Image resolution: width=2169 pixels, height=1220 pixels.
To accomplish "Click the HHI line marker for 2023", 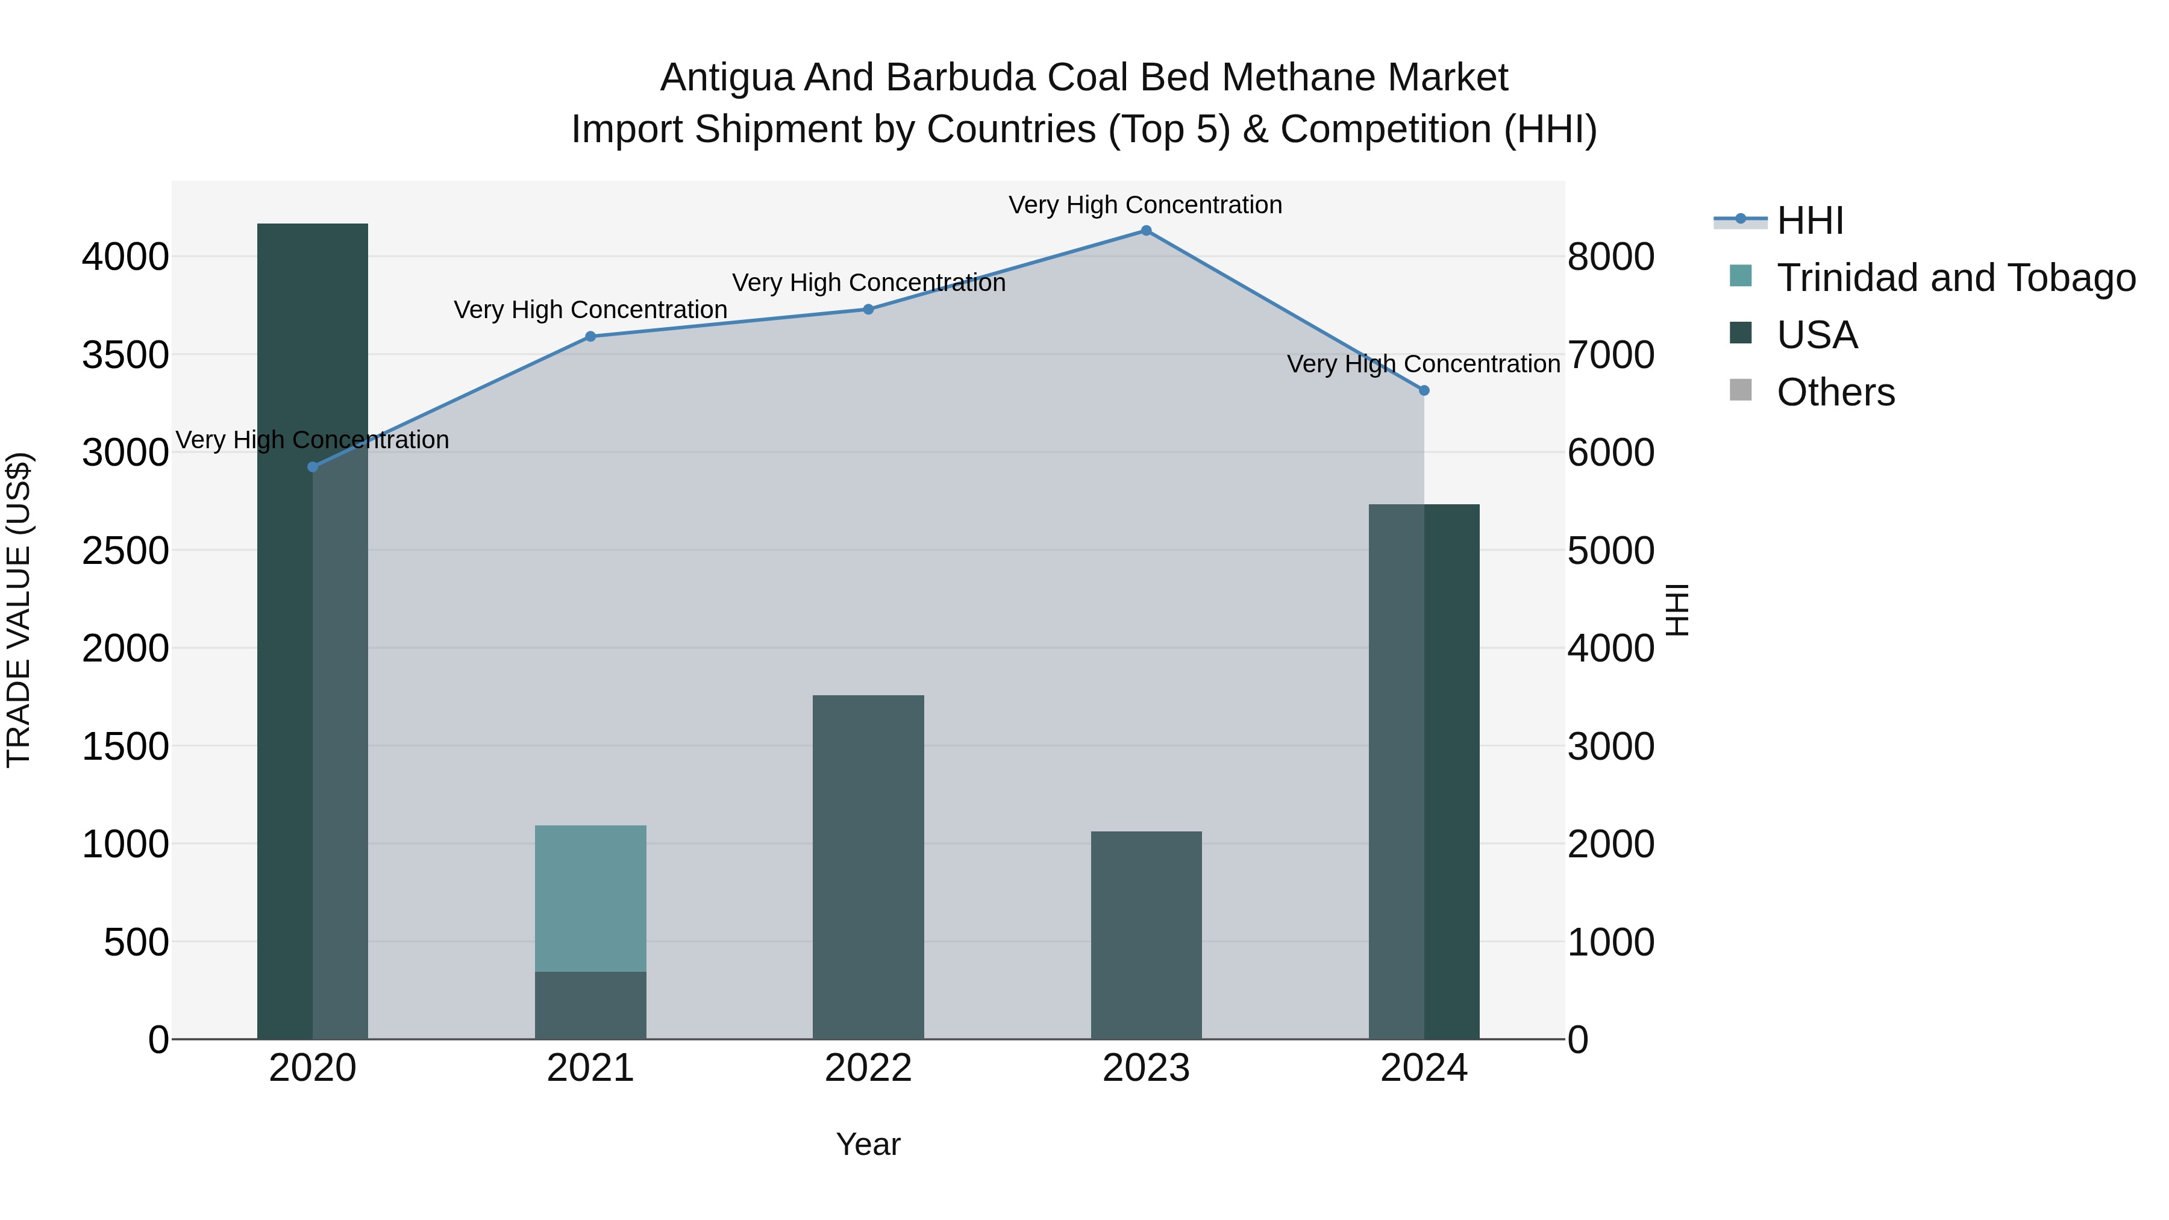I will tap(1146, 231).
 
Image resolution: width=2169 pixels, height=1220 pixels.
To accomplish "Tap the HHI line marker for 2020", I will tap(312, 468).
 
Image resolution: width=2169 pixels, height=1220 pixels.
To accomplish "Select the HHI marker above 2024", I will tap(1424, 390).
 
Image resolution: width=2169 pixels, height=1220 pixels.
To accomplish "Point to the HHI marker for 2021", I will tap(590, 337).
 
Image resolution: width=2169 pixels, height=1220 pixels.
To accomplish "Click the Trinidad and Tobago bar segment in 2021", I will tap(590, 898).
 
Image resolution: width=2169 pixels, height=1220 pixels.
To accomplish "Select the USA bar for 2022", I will tap(868, 867).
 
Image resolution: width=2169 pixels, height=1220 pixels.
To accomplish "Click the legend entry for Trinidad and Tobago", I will tap(1955, 278).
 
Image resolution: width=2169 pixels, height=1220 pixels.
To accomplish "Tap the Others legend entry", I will tap(1836, 392).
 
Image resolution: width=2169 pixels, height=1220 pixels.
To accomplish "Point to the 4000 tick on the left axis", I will tap(125, 257).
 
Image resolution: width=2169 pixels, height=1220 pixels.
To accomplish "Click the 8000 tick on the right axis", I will tap(1610, 257).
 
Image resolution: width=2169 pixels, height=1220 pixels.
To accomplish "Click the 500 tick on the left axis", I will tap(136, 942).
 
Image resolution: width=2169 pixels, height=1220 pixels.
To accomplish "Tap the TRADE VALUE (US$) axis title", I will tap(19, 610).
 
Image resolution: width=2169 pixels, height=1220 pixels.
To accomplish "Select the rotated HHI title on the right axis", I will tap(1677, 610).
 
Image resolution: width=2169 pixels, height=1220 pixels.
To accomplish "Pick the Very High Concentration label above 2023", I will tap(1145, 205).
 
